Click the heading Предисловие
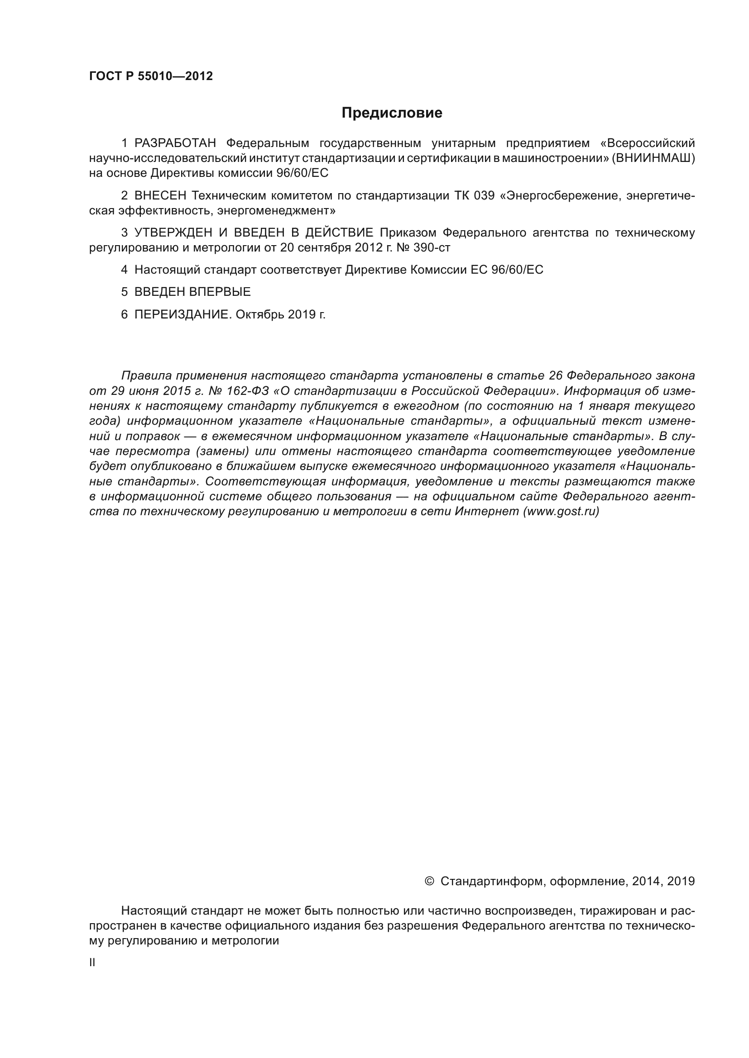[x=392, y=113]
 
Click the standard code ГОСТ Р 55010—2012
[x=151, y=76]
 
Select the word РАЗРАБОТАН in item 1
[x=175, y=143]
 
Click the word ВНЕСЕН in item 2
[x=160, y=196]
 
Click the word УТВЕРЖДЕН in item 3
[x=173, y=232]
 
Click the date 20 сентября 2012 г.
[x=331, y=248]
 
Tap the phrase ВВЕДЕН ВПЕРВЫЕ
[x=192, y=292]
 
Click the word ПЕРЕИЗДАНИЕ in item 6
[x=181, y=315]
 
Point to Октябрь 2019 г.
[x=280, y=315]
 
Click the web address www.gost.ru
[x=560, y=512]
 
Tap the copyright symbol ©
[x=429, y=882]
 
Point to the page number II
[x=92, y=963]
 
